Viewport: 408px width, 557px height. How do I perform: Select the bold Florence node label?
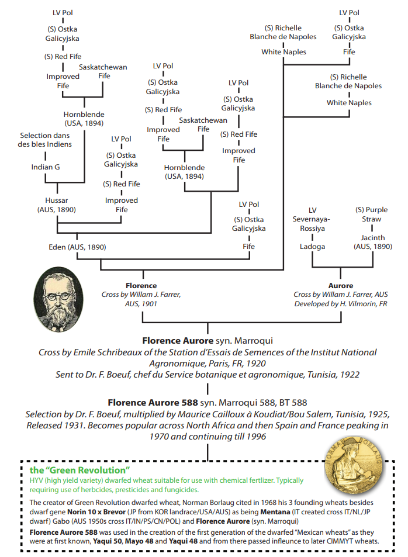141,286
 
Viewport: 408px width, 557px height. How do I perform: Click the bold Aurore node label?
341,286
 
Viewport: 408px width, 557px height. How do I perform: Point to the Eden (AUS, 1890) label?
77,247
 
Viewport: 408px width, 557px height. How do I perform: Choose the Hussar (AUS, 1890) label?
56,205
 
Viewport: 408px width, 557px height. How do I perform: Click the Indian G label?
46,167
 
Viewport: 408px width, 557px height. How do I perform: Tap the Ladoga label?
313,247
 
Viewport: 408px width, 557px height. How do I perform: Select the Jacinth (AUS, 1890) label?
372,242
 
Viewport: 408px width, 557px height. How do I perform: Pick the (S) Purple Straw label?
372,215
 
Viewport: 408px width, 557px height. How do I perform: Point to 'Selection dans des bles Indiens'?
44,140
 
